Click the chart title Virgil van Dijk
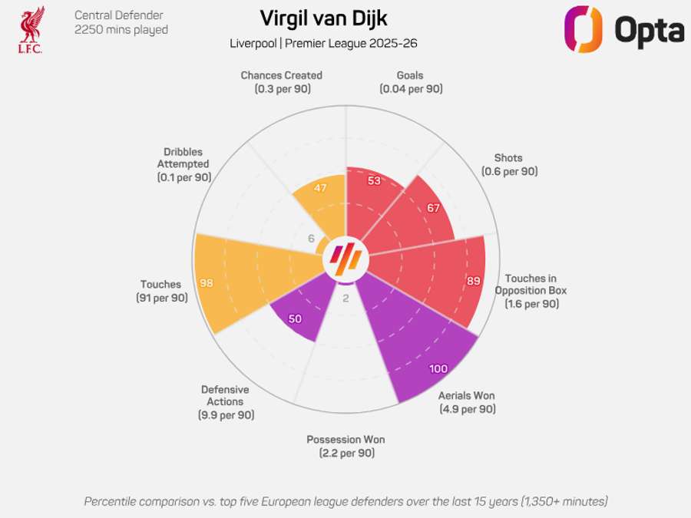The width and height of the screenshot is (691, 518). (x=323, y=18)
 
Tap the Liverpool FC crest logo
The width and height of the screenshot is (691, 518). (x=31, y=30)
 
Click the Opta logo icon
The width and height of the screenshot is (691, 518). (x=583, y=29)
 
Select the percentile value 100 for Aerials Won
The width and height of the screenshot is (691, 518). (x=438, y=369)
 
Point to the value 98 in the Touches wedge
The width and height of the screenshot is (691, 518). (x=206, y=283)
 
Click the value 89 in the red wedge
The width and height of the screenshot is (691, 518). (x=473, y=281)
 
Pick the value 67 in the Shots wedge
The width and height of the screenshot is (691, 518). (x=433, y=208)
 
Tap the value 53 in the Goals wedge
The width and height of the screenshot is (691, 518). (x=374, y=181)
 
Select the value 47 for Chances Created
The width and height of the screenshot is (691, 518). (x=319, y=188)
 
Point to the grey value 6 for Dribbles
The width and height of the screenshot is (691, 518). (x=311, y=239)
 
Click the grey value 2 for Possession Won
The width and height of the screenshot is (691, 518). (x=345, y=299)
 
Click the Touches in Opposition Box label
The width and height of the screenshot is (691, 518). (x=531, y=291)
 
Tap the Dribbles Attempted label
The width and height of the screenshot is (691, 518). (x=183, y=164)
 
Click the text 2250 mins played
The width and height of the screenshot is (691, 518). (x=121, y=30)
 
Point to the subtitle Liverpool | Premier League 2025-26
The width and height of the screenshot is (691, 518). (x=323, y=43)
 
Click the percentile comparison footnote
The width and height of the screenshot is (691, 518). (x=345, y=501)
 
